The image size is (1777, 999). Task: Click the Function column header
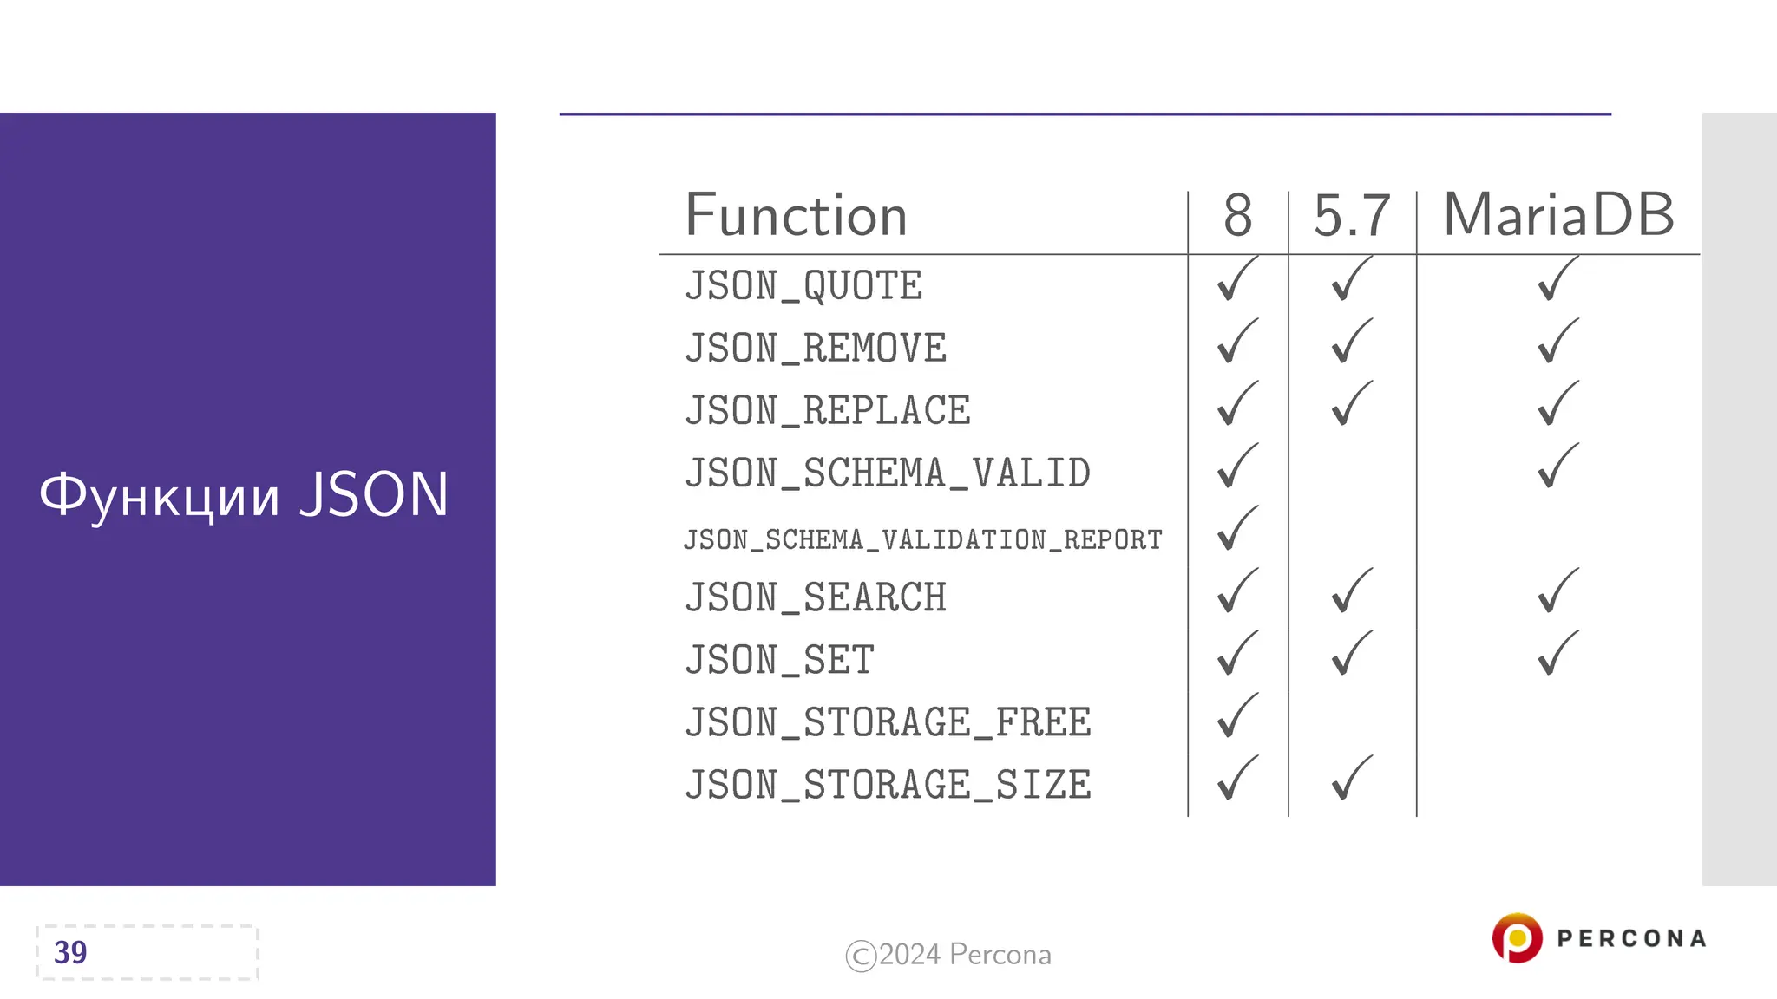pyautogui.click(x=796, y=216)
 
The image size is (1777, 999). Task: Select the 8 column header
pyautogui.click(x=1237, y=216)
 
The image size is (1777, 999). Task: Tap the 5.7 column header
pyautogui.click(x=1351, y=216)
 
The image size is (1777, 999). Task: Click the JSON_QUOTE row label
pyautogui.click(x=803, y=286)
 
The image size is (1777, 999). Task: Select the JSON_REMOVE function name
pyautogui.click(x=816, y=349)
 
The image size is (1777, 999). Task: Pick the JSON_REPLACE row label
pyautogui.click(x=828, y=411)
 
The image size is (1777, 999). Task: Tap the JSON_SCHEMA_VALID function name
pyautogui.click(x=888, y=473)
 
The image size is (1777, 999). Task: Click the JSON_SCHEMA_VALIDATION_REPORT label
pyautogui.click(x=922, y=539)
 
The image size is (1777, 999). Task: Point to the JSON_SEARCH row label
pyautogui.click(x=816, y=598)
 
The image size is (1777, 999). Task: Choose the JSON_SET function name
pyautogui.click(x=779, y=661)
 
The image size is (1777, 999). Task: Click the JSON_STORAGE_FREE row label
pyautogui.click(x=888, y=723)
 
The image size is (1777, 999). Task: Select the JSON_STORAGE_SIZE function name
pyautogui.click(x=888, y=786)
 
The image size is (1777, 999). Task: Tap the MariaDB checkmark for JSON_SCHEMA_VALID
pyautogui.click(x=1557, y=467)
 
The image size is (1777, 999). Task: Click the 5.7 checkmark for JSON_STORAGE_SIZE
pyautogui.click(x=1351, y=778)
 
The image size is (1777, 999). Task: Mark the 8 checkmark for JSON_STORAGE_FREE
pyautogui.click(x=1236, y=715)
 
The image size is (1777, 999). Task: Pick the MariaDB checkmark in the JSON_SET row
pyautogui.click(x=1557, y=653)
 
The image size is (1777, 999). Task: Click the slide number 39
pyautogui.click(x=70, y=952)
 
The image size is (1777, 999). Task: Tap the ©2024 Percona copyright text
pyautogui.click(x=948, y=955)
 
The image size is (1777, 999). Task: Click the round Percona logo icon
pyautogui.click(x=1517, y=938)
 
